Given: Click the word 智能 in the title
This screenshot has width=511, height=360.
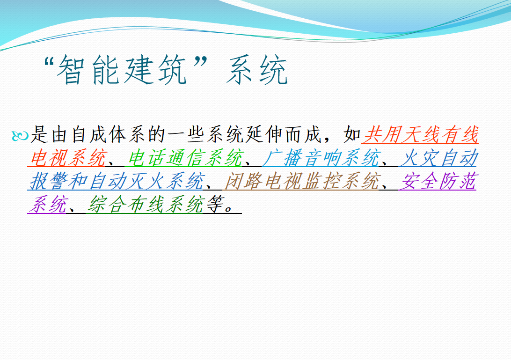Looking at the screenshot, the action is click(x=88, y=70).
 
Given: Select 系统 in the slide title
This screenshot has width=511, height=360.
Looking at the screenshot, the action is click(x=257, y=70).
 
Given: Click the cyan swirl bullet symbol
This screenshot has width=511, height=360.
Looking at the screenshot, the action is click(x=20, y=136).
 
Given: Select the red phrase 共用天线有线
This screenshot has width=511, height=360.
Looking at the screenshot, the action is click(x=420, y=135).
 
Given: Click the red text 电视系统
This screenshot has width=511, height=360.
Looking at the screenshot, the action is click(x=68, y=158).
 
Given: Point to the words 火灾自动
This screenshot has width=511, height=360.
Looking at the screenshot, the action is click(x=438, y=158).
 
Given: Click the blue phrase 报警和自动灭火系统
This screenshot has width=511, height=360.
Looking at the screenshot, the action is click(x=117, y=181).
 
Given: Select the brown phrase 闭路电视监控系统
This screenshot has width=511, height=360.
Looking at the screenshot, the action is click(x=303, y=181).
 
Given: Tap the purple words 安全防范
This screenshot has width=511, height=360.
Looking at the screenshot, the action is click(x=438, y=181).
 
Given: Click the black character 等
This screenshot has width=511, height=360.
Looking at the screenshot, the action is click(x=215, y=205).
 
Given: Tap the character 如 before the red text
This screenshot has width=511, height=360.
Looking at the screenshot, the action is click(x=352, y=135).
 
